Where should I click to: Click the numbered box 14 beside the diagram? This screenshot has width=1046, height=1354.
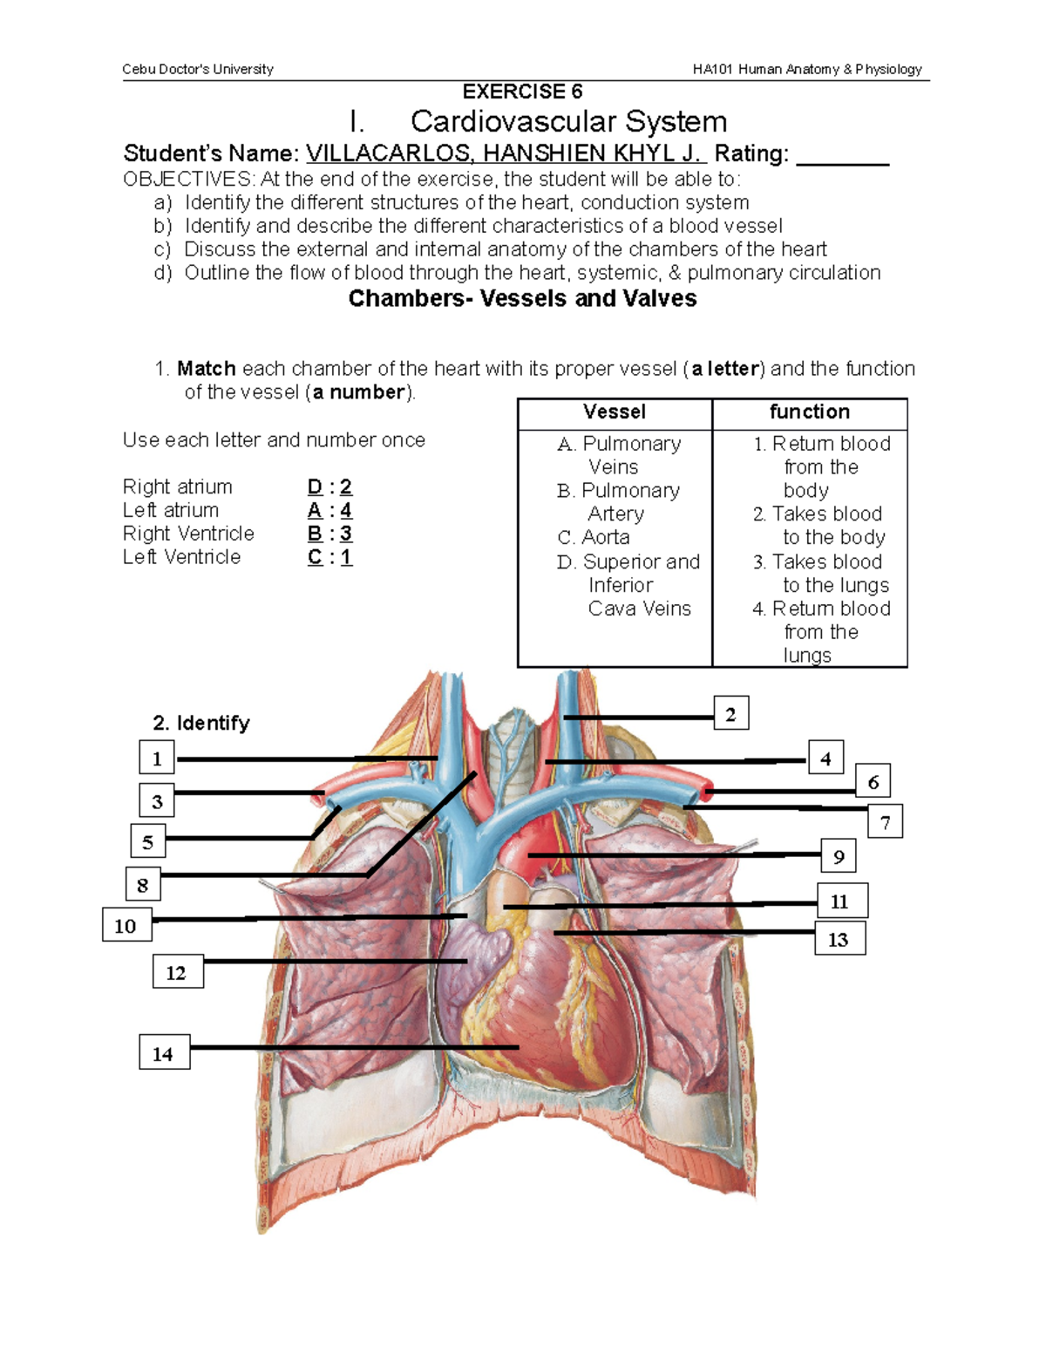coord(164,1053)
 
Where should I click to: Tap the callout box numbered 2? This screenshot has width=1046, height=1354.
coord(730,714)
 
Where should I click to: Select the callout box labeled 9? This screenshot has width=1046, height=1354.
coord(838,856)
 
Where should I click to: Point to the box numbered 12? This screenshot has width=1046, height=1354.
coord(177,972)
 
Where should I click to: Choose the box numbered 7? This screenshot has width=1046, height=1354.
coord(885,821)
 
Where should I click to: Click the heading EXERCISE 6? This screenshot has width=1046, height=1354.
coord(522,92)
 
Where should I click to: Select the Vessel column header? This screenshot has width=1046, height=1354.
coord(615,412)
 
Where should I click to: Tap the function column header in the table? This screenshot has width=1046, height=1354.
coord(809,412)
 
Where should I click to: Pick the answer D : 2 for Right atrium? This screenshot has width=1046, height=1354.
coord(329,486)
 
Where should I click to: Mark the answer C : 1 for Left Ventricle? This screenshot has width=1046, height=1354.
coord(329,557)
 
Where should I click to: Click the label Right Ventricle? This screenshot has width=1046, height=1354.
coord(188,534)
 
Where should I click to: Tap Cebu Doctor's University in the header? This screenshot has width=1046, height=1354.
coord(198,69)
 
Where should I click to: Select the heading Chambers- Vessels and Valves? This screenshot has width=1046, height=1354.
coord(522,298)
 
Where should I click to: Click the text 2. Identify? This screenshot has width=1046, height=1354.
coord(200,723)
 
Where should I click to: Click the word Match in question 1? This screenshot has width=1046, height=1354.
coord(206,369)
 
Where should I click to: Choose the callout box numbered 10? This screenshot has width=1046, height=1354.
coord(126,925)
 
